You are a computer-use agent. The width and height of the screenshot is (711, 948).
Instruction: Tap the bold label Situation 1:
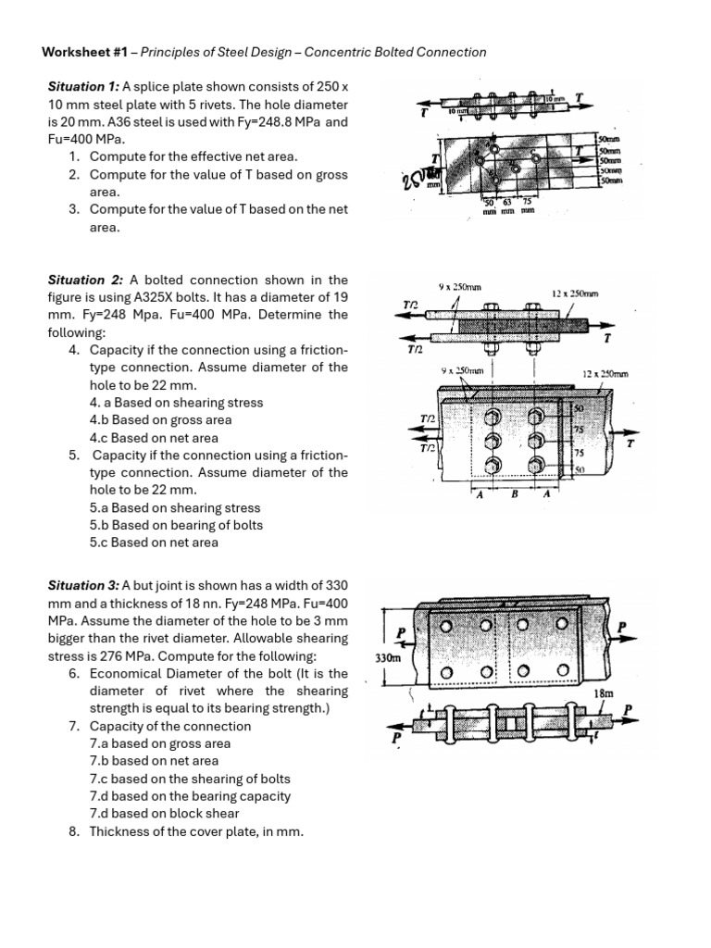coord(81,86)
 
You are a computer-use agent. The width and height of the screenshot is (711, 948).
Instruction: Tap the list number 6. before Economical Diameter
coord(75,673)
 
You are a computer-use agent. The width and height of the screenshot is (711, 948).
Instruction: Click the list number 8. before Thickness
coord(75,831)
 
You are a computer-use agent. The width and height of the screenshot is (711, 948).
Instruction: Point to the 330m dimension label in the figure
coord(388,657)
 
